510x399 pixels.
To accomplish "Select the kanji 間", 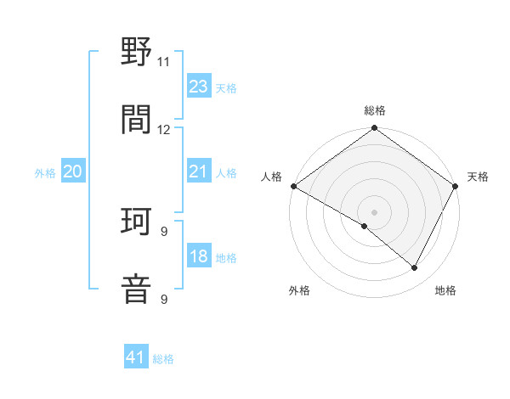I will click(x=137, y=120).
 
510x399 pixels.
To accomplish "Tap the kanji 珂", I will click(x=137, y=222).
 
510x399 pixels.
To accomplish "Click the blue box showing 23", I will click(x=198, y=86).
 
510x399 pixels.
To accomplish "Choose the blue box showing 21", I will click(x=198, y=171).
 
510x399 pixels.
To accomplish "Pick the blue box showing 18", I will click(x=198, y=256).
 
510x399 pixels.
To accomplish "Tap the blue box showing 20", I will click(x=72, y=171).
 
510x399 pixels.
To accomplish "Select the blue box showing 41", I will click(x=136, y=357).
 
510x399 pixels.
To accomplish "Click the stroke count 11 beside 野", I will click(x=163, y=62).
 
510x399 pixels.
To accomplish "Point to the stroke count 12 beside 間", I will click(x=163, y=129).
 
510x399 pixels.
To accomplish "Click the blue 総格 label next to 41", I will click(x=163, y=359).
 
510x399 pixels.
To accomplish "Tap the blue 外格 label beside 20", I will click(x=45, y=172).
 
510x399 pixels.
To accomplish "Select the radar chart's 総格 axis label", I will click(x=375, y=111).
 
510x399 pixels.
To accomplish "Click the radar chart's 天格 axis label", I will click(x=479, y=177).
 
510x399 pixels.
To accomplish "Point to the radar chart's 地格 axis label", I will click(x=445, y=290).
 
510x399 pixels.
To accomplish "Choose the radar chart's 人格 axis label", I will click(x=271, y=177).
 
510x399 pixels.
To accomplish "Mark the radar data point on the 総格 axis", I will click(x=375, y=129).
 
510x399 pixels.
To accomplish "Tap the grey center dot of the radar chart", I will click(x=375, y=211).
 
